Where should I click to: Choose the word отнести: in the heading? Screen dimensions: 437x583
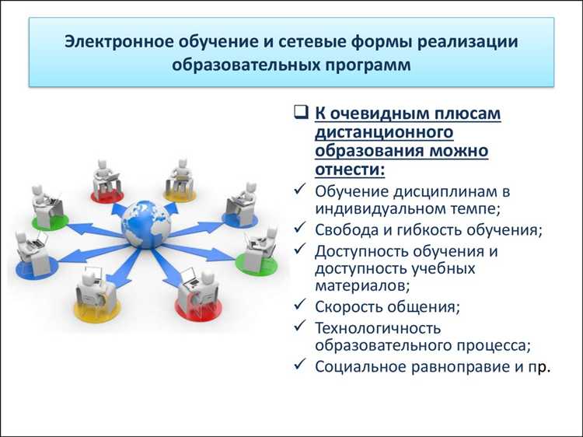pyautogui.click(x=350, y=170)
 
